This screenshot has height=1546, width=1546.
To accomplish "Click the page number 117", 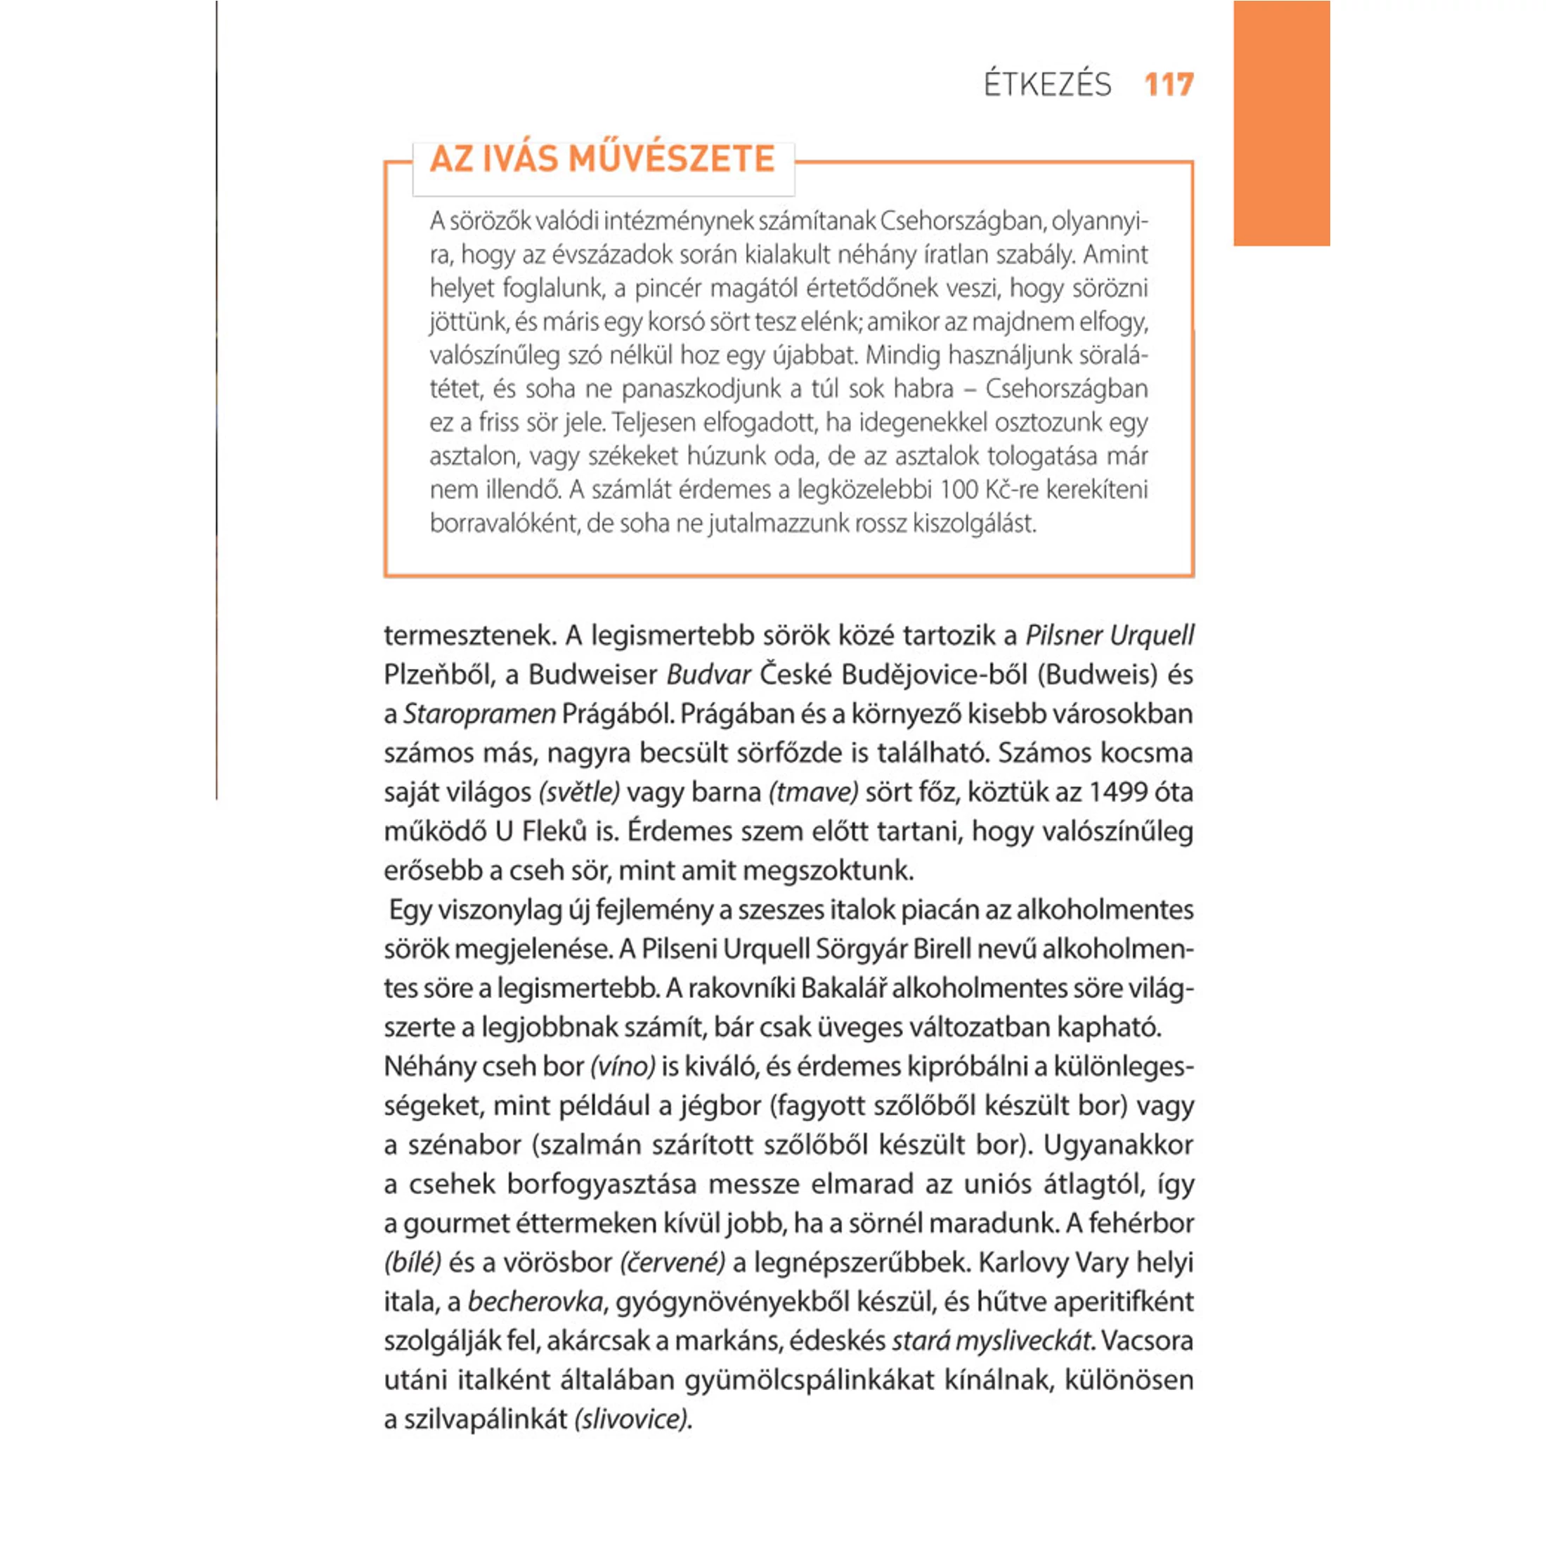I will pos(1169,84).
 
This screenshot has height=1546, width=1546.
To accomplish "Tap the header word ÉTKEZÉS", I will pos(1048,84).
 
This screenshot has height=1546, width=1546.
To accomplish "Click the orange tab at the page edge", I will pos(1281,123).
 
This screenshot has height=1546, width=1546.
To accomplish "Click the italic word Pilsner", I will pos(1062,635).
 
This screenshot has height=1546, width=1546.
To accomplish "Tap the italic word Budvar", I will pos(708,675).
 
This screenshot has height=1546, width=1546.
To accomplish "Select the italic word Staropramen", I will pos(479,714).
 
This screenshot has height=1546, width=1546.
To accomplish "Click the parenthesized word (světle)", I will pos(579,792).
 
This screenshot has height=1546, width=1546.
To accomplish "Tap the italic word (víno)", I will pos(623,1067).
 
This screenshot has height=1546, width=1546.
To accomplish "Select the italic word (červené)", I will pos(673,1263).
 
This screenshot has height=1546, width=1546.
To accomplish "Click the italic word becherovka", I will pos(535,1302).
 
